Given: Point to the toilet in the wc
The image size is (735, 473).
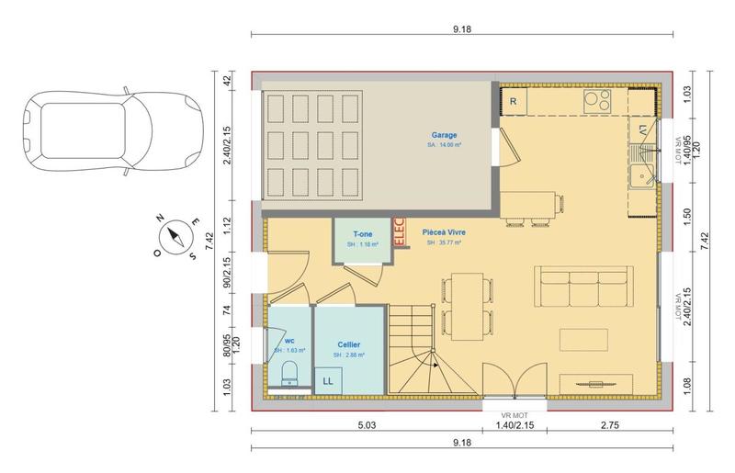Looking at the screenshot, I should coord(288,373).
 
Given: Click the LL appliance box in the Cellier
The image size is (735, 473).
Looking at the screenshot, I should coord(327,379).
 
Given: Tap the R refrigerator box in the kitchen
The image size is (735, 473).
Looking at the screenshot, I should coord(514,101).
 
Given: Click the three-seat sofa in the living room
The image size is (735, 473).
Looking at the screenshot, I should coord(584,286).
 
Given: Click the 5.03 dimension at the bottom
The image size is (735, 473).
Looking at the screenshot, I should coord(367,426).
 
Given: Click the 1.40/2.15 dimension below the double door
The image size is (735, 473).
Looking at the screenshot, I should coord(515,426).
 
